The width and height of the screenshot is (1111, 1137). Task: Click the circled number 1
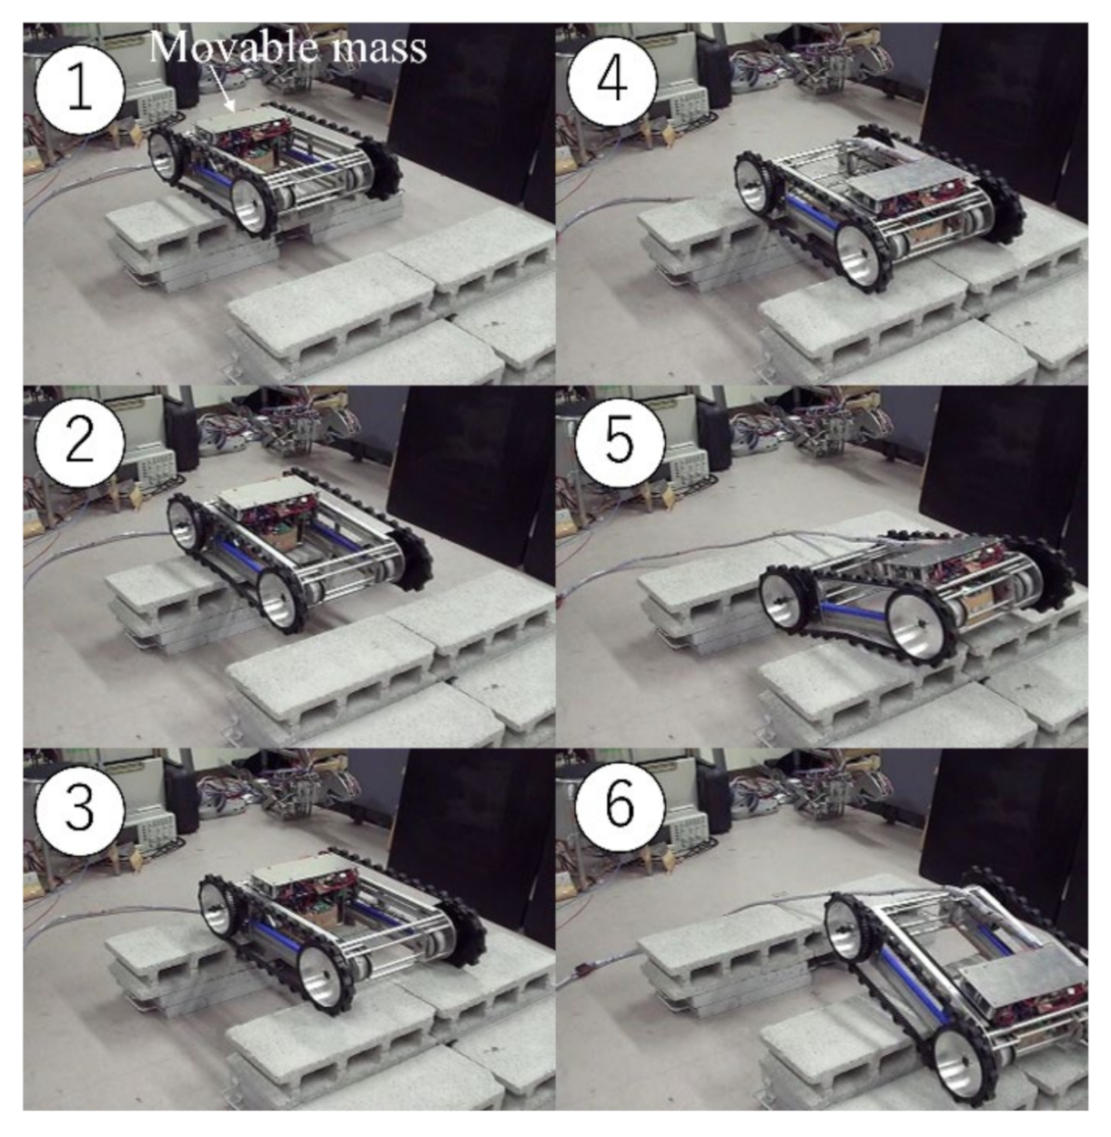point(80,89)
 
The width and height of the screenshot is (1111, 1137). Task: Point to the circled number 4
point(612,80)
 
